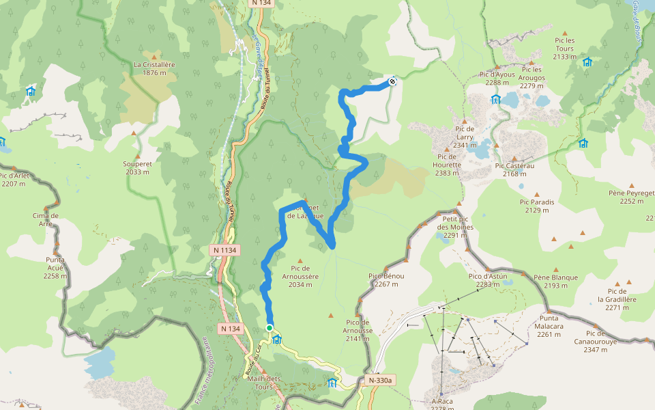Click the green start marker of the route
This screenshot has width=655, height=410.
coord(270,328)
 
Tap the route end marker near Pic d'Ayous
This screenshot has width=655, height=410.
coord(392,82)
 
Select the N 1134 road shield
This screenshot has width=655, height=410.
coord(224,250)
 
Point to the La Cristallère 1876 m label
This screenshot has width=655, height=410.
coord(154,69)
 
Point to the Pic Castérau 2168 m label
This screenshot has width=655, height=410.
coord(515,169)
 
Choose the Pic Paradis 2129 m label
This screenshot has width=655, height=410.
coord(537,206)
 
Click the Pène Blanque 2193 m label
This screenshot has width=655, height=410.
coord(556,282)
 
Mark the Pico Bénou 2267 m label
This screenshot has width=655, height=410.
coord(386,280)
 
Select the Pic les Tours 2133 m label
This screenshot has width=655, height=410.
coord(564,49)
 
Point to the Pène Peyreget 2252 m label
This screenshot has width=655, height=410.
coord(631,197)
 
